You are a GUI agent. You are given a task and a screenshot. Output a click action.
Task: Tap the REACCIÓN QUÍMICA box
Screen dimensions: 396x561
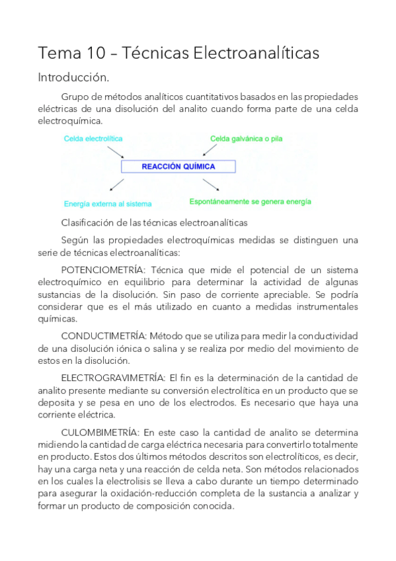178,167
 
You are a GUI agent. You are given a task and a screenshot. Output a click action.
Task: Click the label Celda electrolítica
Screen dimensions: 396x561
93,139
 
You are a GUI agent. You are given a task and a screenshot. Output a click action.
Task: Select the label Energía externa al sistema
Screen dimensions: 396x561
108,204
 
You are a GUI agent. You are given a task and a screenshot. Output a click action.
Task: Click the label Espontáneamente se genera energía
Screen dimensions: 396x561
250,201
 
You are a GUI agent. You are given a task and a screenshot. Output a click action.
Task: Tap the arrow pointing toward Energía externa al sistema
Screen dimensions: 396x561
117,185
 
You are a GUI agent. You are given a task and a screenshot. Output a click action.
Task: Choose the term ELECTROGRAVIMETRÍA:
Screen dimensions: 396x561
112,378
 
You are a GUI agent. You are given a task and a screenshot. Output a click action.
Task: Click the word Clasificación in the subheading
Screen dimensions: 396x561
85,222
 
